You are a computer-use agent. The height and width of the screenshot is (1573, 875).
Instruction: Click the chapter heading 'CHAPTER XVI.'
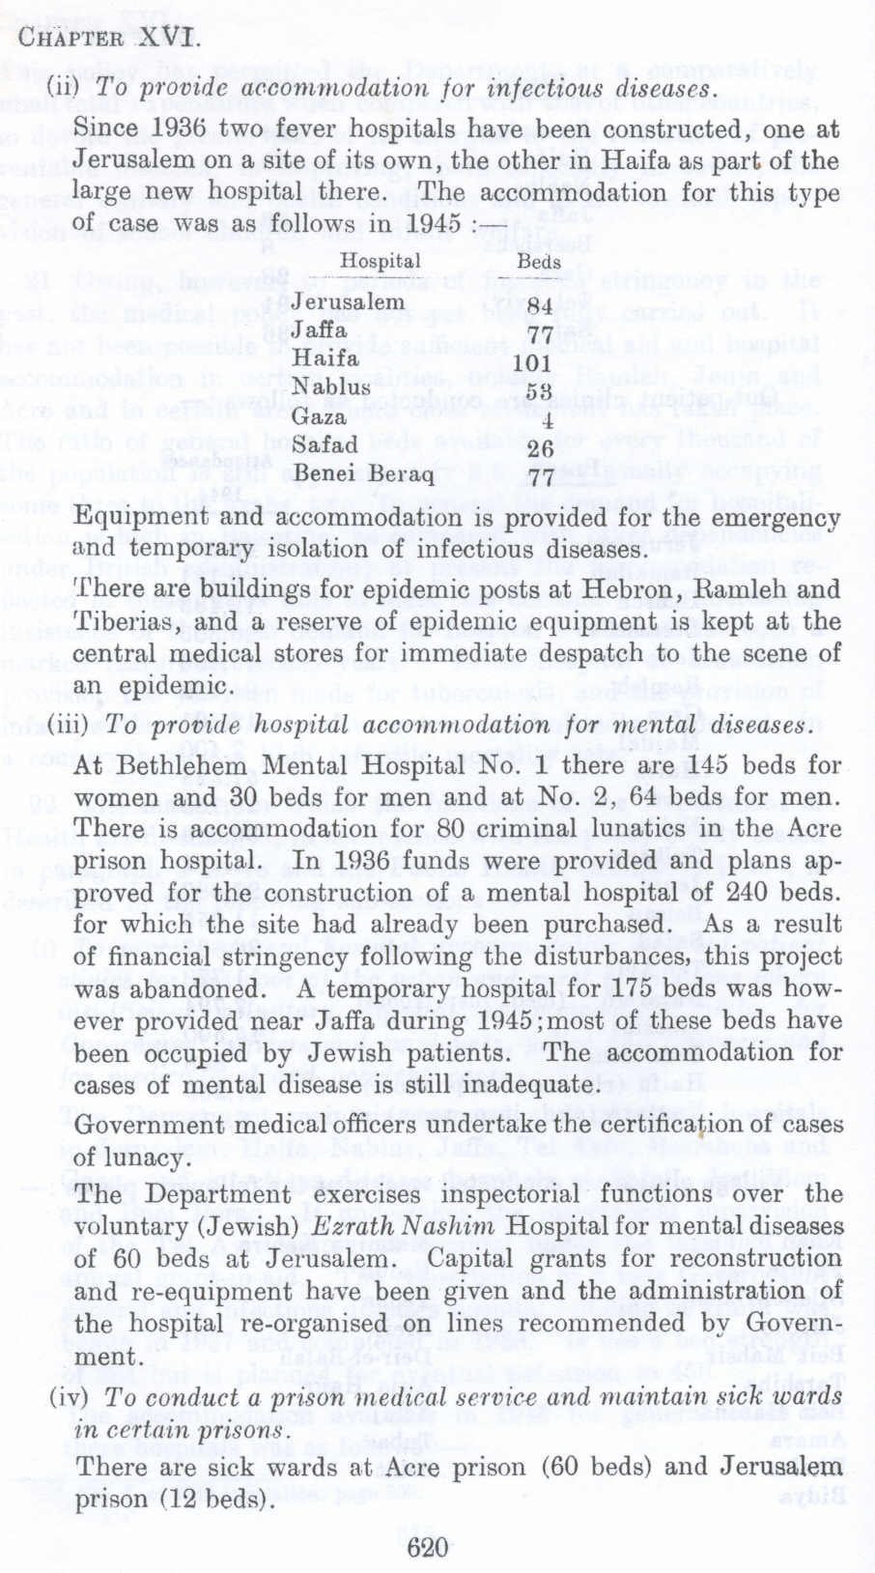109,41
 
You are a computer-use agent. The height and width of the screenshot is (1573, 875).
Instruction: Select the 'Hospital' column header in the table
380,261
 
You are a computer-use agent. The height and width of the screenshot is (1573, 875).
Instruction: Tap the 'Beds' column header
538,262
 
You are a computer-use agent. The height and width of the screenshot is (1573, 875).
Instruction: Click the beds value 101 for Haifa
531,364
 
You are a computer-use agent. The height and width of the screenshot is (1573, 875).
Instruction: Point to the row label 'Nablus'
331,387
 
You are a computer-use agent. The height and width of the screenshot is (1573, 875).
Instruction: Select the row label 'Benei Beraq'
363,474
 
